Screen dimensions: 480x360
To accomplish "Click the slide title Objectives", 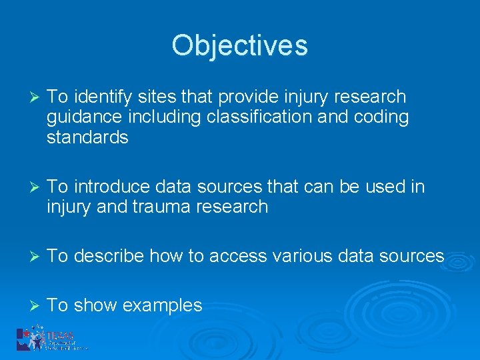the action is pyautogui.click(x=239, y=45).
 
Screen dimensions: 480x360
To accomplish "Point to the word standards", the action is pyautogui.click(x=87, y=137).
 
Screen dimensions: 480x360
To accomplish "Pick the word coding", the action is pyautogui.click(x=380, y=117).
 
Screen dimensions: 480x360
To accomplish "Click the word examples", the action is pyautogui.click(x=163, y=305).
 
